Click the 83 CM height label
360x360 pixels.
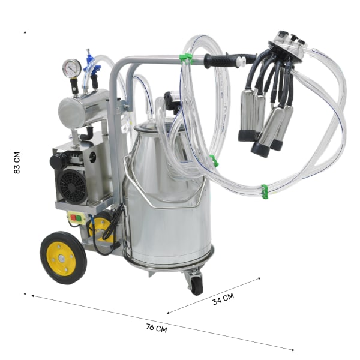(17, 163)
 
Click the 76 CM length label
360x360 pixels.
(157, 328)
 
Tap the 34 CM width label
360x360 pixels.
(223, 299)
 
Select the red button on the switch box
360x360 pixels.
(73, 217)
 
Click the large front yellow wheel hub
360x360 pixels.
(62, 259)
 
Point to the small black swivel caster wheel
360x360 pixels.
(197, 285)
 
